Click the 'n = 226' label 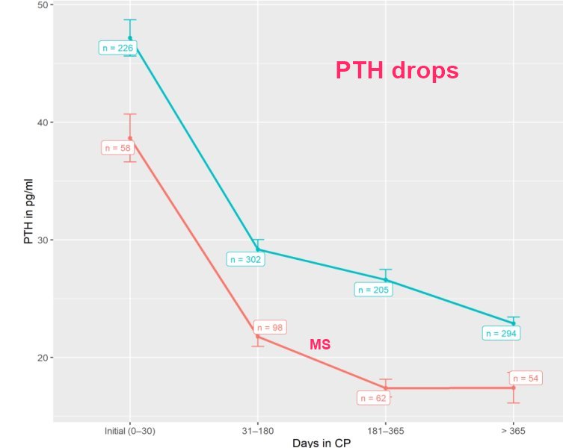tap(116, 48)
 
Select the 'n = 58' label tap(116, 148)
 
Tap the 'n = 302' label tap(244, 260)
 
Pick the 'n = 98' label tap(271, 327)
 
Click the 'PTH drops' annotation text tap(396, 71)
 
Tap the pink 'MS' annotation tap(320, 344)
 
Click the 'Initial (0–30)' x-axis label tap(130, 431)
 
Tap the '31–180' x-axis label tap(258, 431)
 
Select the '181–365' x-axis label tap(386, 431)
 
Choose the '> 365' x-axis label tap(514, 431)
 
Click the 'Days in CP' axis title tap(322, 443)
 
